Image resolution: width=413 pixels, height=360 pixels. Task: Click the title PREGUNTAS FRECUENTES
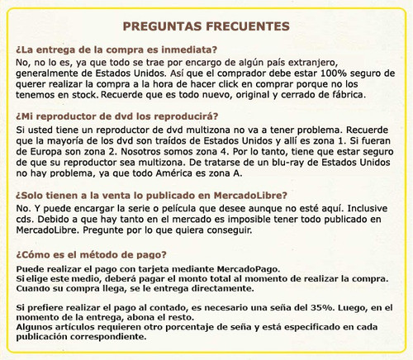(x=206, y=27)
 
